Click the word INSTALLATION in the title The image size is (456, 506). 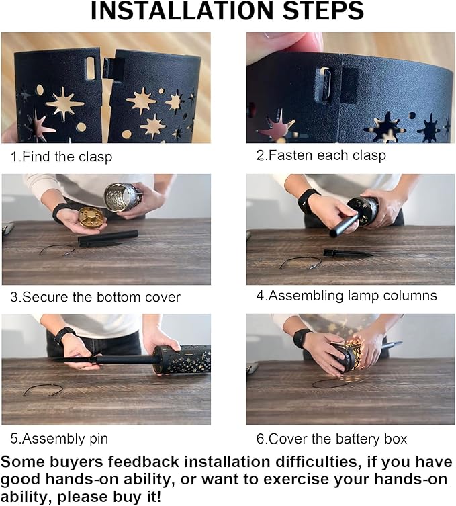tap(183, 10)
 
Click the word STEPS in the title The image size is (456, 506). tap(323, 10)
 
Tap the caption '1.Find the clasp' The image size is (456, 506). tap(61, 157)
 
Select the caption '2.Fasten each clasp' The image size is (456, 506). tap(321, 155)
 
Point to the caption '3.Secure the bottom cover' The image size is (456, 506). tap(95, 297)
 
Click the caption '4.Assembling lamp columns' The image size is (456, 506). tap(347, 296)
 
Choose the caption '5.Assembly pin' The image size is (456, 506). tap(59, 439)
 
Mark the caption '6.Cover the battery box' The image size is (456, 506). tap(332, 439)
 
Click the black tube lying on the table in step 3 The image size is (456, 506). tap(108, 238)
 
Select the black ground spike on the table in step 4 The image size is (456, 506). tap(349, 253)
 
